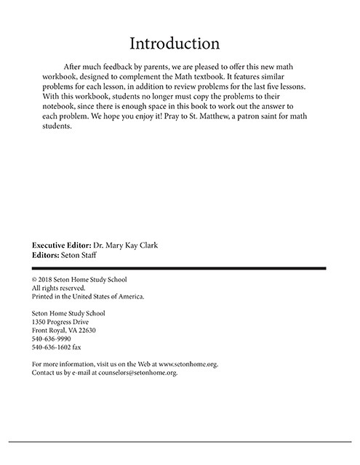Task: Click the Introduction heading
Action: tap(180, 43)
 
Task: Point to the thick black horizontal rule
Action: tap(180, 268)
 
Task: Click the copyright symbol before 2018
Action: tap(36, 280)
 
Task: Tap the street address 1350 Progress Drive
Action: tap(68, 321)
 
